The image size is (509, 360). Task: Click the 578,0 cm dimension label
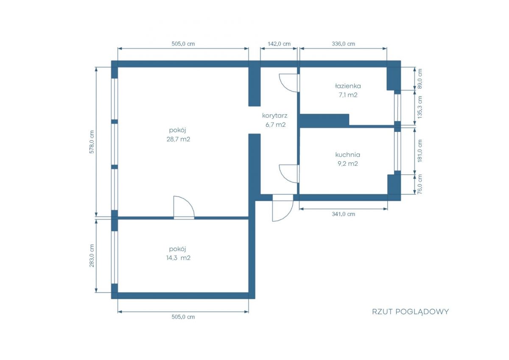tap(92, 142)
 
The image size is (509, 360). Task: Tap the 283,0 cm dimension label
tap(92, 256)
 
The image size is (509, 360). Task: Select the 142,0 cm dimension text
tap(279, 44)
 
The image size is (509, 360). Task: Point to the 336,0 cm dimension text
tap(343, 44)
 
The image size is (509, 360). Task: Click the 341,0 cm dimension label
tap(343, 214)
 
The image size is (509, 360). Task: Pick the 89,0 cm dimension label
tap(420, 78)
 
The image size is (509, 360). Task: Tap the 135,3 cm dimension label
tap(420, 107)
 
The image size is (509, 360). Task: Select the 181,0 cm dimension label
tap(420, 151)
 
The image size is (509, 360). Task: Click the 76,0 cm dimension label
tap(420, 184)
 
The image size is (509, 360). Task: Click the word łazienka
tap(348, 86)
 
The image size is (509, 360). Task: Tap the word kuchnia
tap(348, 155)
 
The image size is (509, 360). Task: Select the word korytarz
tap(275, 116)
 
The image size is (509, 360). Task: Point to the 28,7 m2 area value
tap(178, 139)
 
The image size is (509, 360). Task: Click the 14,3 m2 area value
tap(178, 258)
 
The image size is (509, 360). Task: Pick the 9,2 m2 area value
tap(348, 164)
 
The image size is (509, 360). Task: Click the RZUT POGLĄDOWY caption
tap(411, 312)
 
